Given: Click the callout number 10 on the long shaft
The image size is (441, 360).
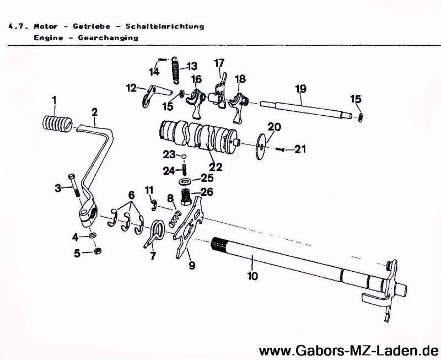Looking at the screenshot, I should tap(252, 276).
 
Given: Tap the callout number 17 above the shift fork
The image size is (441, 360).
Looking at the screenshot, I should tap(219, 62).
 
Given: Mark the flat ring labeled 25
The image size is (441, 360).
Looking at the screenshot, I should tap(186, 181).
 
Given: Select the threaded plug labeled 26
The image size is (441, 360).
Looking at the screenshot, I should tap(189, 195).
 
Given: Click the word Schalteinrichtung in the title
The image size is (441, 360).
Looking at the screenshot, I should tap(165, 26).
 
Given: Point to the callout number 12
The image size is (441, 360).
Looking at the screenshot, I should tap(131, 88).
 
